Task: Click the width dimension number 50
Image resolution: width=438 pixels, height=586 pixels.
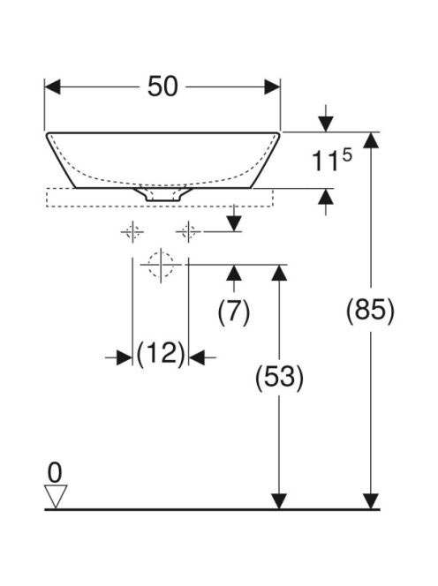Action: coord(162,86)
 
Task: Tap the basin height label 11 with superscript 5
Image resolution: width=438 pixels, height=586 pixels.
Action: coord(331,160)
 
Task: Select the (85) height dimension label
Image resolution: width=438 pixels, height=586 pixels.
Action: coord(370,310)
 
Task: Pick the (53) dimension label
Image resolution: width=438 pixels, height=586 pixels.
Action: coord(279,377)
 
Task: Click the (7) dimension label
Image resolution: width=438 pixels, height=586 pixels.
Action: coord(234,312)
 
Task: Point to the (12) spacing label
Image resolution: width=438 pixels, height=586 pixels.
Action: coord(161,354)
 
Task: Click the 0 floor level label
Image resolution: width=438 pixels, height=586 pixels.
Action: coord(55,473)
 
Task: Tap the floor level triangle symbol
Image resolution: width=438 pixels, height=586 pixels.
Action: coord(56,496)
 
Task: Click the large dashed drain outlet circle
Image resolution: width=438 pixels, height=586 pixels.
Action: coord(161,265)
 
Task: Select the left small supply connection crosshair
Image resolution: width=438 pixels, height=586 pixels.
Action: coord(132,232)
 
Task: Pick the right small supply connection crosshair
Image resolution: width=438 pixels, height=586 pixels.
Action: coord(188,232)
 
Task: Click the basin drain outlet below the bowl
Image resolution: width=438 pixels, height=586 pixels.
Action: coord(162,194)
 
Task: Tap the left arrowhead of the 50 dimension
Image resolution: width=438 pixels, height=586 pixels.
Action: coord(52,87)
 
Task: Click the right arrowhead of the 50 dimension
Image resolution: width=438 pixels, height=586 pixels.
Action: coord(272,87)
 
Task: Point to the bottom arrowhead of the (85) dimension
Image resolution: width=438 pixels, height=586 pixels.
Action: coord(371,501)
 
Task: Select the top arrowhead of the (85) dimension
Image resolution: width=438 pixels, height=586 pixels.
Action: coord(371,140)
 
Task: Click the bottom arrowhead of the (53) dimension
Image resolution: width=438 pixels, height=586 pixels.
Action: coord(279,501)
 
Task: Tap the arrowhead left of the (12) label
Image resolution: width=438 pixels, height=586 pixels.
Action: coord(125,358)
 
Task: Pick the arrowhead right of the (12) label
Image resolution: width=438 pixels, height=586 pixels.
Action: coord(196,358)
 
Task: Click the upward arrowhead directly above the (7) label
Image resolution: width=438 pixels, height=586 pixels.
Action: coord(234,273)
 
